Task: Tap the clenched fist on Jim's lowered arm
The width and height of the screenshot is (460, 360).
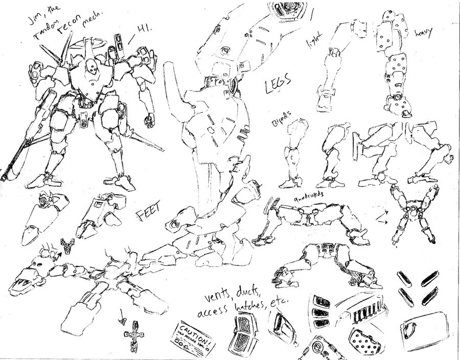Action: coord(149,121)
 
